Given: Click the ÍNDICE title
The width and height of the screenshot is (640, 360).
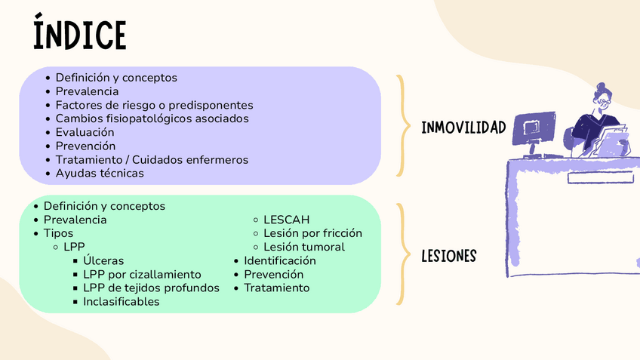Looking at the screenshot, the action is (79, 34).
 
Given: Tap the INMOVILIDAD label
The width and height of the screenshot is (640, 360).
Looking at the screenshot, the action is (463, 127).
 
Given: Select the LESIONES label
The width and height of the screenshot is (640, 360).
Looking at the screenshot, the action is (448, 257).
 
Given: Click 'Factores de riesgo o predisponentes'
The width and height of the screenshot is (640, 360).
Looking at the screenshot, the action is (154, 105).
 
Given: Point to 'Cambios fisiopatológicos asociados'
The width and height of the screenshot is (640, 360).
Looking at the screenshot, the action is (152, 118).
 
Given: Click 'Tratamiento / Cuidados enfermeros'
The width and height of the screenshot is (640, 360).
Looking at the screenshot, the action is (152, 159).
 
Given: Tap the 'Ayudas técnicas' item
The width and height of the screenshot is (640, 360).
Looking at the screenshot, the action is (99, 173).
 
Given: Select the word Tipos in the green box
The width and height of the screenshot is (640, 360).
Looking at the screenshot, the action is (58, 233).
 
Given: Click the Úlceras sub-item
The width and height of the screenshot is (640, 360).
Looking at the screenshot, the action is (103, 260).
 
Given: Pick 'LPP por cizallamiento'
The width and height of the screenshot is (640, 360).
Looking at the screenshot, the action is (142, 274).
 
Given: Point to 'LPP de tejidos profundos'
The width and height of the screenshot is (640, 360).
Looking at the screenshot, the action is (151, 288).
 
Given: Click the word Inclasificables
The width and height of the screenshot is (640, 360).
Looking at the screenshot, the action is (121, 301).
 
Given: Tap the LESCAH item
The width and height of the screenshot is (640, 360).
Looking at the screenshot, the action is (286, 220).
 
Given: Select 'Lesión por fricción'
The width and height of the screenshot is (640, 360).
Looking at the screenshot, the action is (312, 233).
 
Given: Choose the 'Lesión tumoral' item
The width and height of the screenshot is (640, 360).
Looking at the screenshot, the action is (304, 247).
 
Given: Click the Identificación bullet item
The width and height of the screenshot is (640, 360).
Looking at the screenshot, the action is (279, 260).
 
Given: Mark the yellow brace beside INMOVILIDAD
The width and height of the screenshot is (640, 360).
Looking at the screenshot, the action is (402, 125).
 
